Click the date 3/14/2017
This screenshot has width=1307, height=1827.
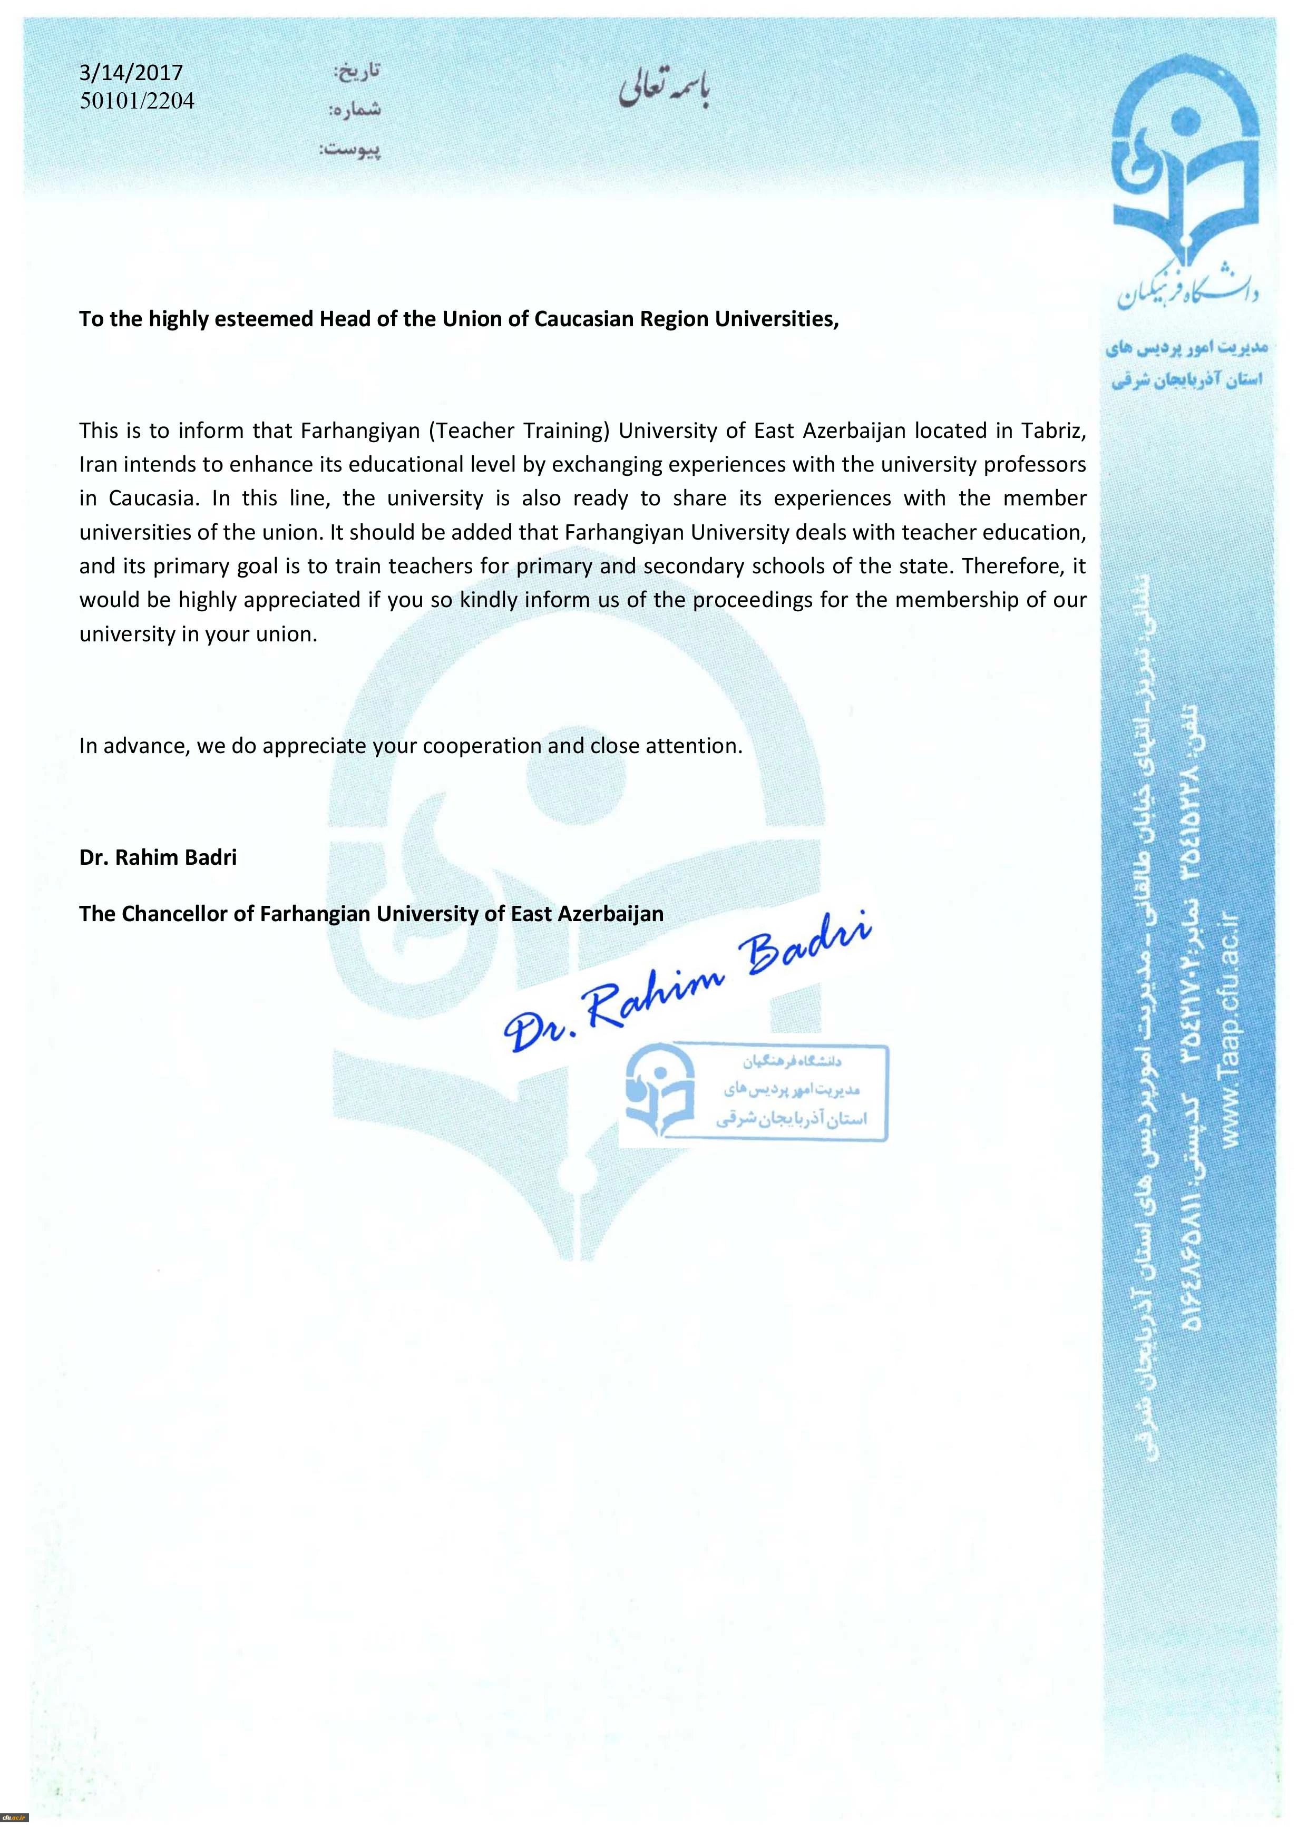coord(131,73)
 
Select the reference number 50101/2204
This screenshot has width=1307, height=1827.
coord(137,101)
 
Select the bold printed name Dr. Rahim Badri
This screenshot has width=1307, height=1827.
coord(158,857)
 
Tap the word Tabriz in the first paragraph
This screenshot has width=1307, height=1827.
coord(1054,431)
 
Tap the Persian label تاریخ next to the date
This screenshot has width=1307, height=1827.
coord(357,72)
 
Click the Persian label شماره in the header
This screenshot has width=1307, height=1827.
coord(354,110)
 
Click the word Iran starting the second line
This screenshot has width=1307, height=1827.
coord(97,465)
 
